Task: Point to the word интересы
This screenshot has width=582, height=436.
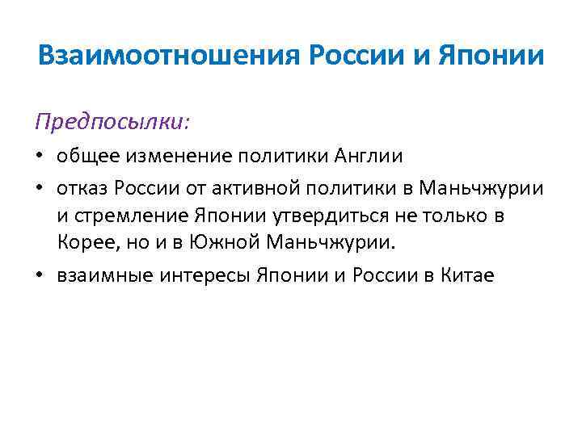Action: tap(205, 275)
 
